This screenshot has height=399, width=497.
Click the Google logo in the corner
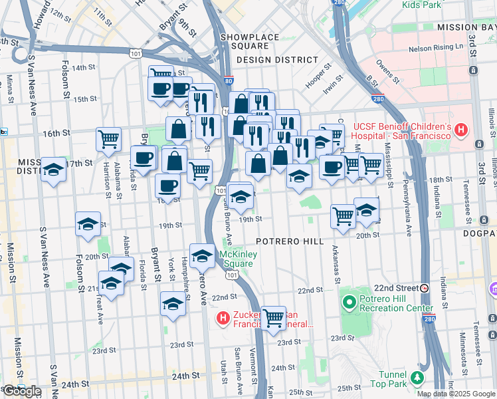point(22,391)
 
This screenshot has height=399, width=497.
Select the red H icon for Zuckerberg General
point(223,320)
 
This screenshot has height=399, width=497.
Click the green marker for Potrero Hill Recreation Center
point(349,303)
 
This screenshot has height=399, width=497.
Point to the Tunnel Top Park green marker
point(417,378)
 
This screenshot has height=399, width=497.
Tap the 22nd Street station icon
point(424,288)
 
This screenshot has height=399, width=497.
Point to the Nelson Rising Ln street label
point(435,47)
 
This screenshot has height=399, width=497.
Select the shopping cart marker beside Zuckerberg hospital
point(273,318)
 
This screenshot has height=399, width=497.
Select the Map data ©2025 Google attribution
point(456,394)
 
